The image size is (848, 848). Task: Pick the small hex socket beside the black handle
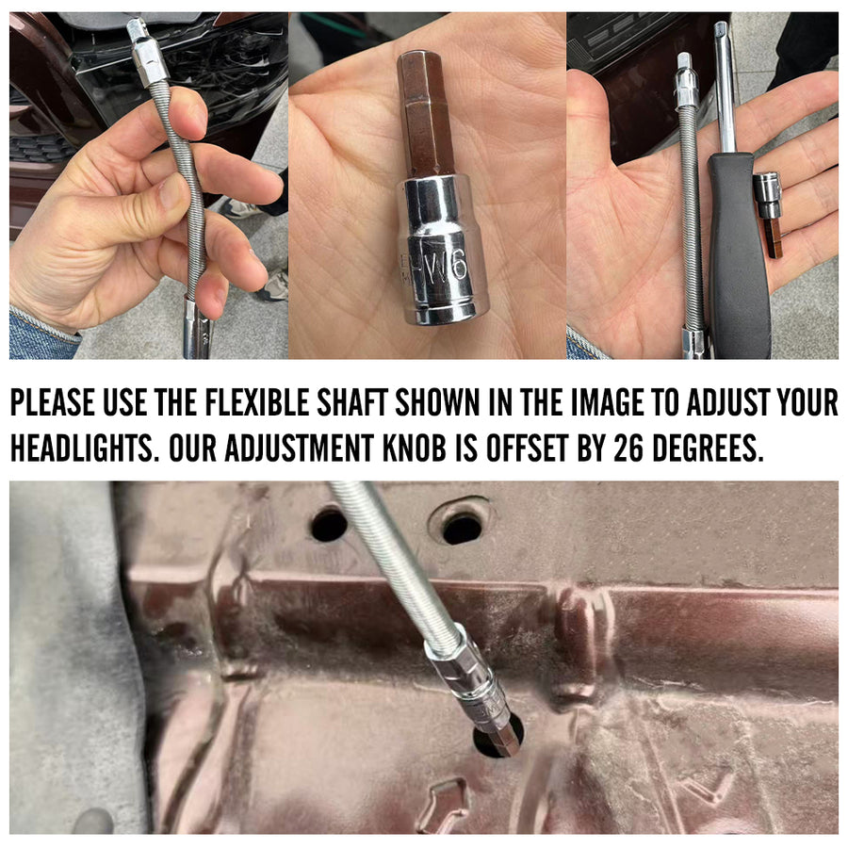pyautogui.click(x=768, y=214)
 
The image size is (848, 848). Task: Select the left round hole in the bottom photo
pyautogui.click(x=329, y=524)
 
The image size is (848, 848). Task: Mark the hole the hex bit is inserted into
pyautogui.click(x=497, y=737)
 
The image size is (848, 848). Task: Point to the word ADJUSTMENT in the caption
pyautogui.click(x=299, y=448)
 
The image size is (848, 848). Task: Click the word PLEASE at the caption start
pyautogui.click(x=53, y=402)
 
